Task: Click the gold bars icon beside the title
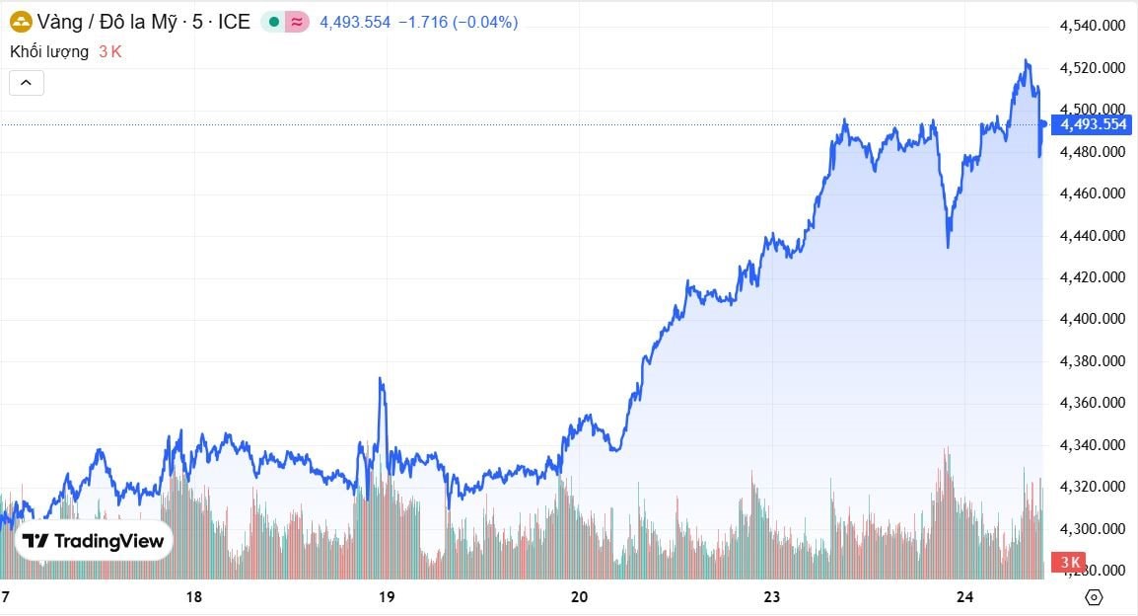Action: pos(21,22)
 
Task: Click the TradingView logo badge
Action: pos(95,541)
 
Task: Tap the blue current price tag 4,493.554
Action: pos(1091,124)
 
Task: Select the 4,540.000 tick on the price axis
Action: pos(1093,26)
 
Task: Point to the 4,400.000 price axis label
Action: pos(1093,319)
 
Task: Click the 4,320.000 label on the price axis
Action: pos(1093,487)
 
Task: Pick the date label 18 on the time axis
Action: pos(194,597)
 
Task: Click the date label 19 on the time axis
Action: pos(387,597)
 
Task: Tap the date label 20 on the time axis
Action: pos(579,597)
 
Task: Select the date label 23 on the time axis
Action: pos(771,597)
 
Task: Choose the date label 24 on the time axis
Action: pos(964,597)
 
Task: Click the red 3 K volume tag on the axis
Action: pos(1069,563)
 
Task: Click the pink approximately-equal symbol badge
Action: pos(296,22)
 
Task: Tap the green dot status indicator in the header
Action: pos(273,22)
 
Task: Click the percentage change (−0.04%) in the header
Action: pos(485,22)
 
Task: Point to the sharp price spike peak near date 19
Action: pos(381,378)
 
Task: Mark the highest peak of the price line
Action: pos(1026,60)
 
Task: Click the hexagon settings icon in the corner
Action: pos(1093,597)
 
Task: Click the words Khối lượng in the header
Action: pos(49,51)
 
